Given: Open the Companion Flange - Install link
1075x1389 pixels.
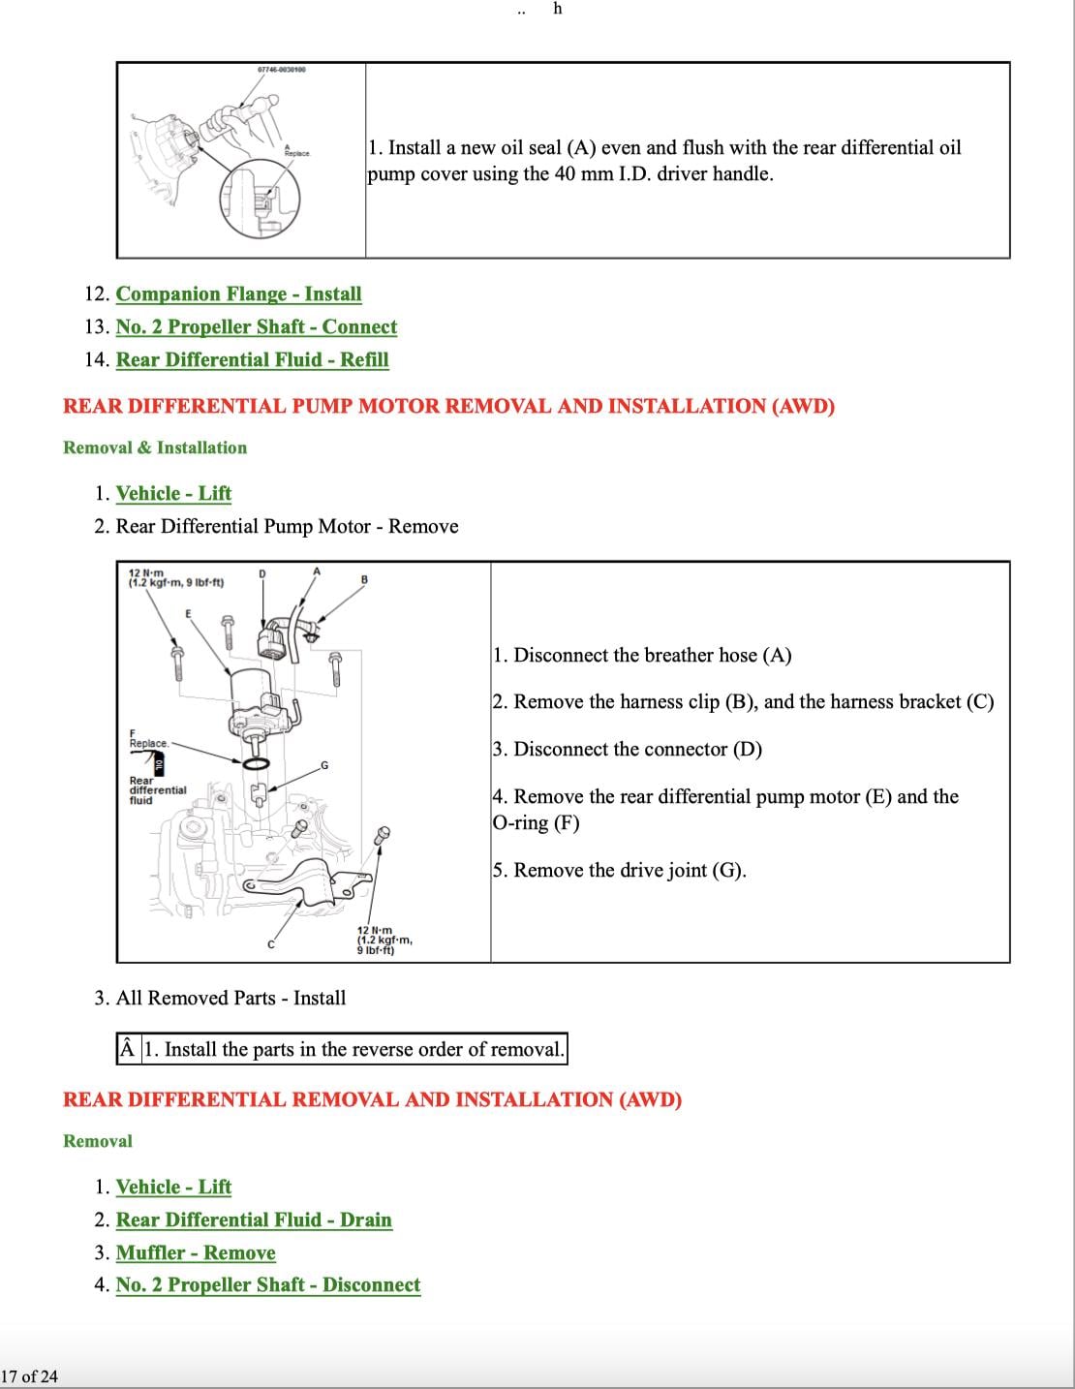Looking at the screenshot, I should click(x=238, y=293).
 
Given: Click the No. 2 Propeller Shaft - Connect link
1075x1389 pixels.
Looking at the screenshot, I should click(x=256, y=326).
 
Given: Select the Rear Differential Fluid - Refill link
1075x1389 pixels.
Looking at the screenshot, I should click(x=252, y=359).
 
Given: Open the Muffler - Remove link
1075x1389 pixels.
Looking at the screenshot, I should click(x=196, y=1252).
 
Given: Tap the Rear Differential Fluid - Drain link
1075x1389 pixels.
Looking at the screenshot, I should click(x=254, y=1219).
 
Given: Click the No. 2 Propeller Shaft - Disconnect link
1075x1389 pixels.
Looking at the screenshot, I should click(x=267, y=1284).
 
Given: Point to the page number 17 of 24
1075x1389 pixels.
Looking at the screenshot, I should click(x=29, y=1376).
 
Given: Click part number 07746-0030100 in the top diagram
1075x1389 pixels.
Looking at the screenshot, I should click(x=282, y=70).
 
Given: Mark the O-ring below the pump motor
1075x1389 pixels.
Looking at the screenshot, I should click(x=256, y=764).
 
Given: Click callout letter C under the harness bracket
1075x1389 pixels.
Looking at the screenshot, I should click(x=271, y=944).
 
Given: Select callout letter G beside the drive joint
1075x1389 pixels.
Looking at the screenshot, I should click(x=324, y=765).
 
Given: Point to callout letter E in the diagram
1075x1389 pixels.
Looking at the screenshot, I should click(x=188, y=614).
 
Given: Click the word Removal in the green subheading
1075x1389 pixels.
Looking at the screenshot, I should click(x=97, y=1141).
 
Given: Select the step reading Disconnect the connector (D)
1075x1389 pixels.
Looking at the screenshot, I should click(x=627, y=749).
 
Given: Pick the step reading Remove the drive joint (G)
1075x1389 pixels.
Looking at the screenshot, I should click(x=619, y=870).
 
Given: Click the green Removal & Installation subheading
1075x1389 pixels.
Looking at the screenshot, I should click(x=155, y=448).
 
